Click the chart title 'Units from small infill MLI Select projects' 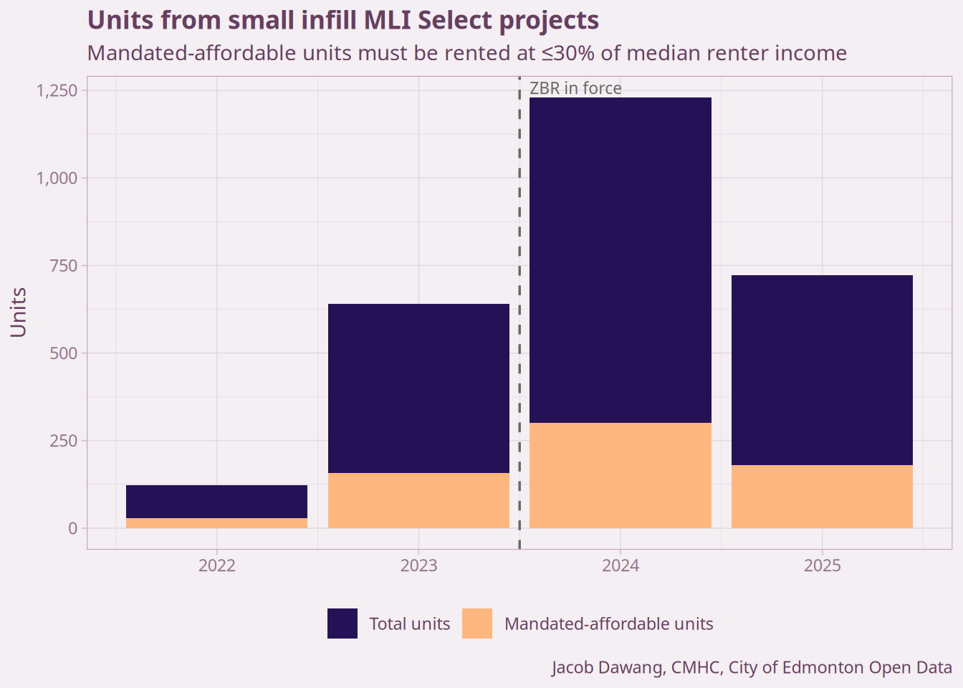[x=342, y=20]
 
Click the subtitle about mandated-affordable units [x=466, y=53]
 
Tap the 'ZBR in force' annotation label [x=575, y=88]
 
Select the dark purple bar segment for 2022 [x=216, y=502]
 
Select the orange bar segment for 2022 [x=216, y=523]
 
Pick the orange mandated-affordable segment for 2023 [x=418, y=500]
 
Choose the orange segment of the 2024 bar [x=621, y=475]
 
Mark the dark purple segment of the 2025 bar [x=822, y=370]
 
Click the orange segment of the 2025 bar [x=822, y=497]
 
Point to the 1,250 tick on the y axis [x=57, y=90]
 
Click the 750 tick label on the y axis [x=63, y=266]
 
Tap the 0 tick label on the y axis [x=72, y=528]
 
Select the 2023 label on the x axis [x=418, y=565]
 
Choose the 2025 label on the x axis [x=822, y=565]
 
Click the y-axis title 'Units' [x=19, y=312]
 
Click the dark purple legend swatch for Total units [x=342, y=623]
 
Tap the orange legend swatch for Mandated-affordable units [x=477, y=623]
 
